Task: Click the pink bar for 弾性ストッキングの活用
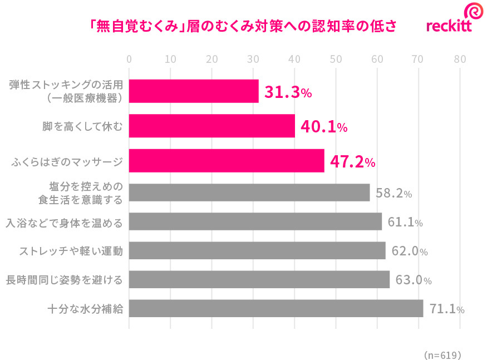pos(194,91)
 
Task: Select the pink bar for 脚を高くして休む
pos(211,126)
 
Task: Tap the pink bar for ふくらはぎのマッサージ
pos(227,161)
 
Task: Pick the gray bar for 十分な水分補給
pos(276,308)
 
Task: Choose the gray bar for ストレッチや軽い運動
pos(257,251)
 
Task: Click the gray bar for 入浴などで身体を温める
pos(255,221)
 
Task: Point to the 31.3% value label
pos(287,92)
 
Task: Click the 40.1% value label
pos(324,127)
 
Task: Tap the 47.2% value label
pos(352,162)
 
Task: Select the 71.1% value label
pos(447,309)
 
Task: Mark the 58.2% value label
pos(393,194)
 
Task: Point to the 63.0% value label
pos(413,280)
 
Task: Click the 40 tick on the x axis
pos(294,59)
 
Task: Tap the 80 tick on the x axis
pos(460,59)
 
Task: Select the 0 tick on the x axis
pos(129,59)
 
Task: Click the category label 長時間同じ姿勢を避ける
pos(64,279)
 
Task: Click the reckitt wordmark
pos(449,27)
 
